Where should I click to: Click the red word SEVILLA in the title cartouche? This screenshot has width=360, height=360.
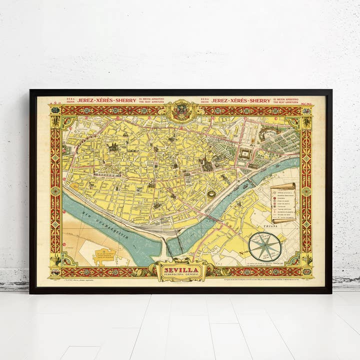coord(181,269)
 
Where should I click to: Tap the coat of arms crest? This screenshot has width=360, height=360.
coord(181,110)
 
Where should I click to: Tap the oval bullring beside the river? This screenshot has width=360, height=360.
coord(211,194)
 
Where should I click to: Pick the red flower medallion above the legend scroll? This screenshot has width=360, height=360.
coord(306,191)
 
